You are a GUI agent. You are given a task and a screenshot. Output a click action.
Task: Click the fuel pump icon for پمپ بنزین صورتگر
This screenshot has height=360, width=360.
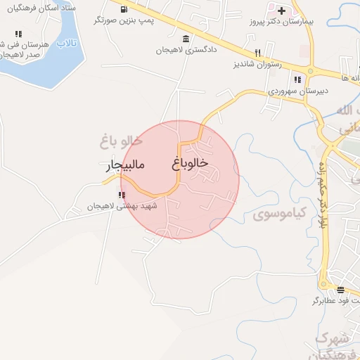click(124, 10)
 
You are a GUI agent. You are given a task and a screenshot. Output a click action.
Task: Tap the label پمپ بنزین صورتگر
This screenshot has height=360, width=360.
click(124, 21)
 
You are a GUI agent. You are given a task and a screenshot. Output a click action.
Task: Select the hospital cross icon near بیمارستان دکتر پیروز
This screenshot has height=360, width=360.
click(281, 11)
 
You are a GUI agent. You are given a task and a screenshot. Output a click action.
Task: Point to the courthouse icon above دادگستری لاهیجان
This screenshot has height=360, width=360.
click(186, 39)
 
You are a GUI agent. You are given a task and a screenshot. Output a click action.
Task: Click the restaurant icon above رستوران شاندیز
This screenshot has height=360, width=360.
click(258, 53)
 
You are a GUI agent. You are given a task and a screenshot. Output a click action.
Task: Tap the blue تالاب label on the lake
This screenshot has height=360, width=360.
click(66, 44)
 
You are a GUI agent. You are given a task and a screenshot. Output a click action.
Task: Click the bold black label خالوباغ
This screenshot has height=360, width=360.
click(190, 162)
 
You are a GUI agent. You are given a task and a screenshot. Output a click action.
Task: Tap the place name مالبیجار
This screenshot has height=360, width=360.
click(124, 167)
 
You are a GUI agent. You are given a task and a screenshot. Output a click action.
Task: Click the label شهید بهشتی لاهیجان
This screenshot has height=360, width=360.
click(124, 206)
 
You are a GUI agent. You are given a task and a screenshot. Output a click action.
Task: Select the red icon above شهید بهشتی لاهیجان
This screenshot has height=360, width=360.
click(122, 195)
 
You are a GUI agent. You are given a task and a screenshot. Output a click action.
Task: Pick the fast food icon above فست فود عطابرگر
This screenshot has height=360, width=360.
click(341, 290)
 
